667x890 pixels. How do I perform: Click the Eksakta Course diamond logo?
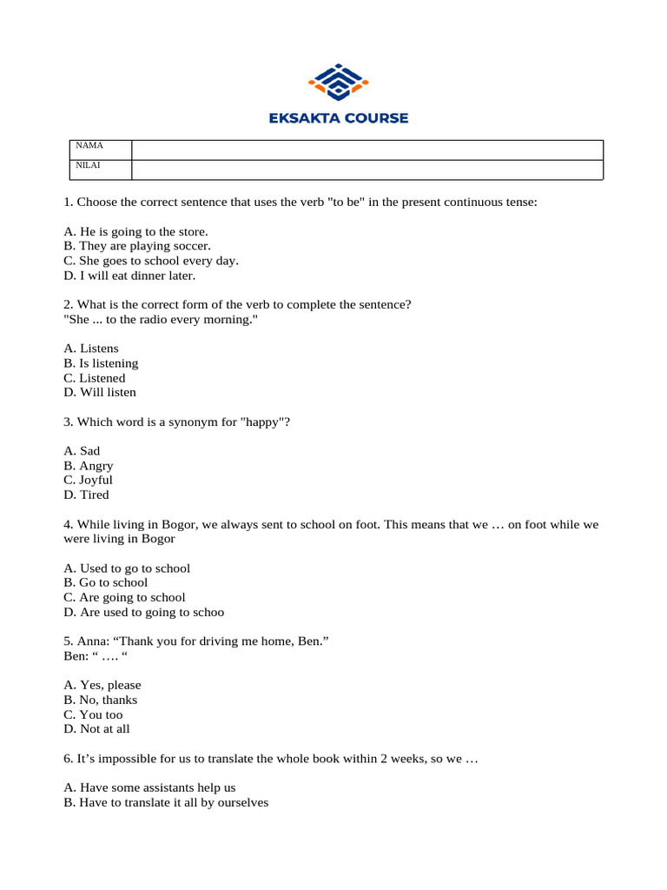339,83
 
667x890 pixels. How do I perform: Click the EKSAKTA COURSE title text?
339,118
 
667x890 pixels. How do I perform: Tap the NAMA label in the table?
90,145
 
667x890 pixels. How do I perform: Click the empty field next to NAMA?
367,149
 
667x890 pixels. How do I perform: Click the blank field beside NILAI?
367,169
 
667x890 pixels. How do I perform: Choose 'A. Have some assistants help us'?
149,788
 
